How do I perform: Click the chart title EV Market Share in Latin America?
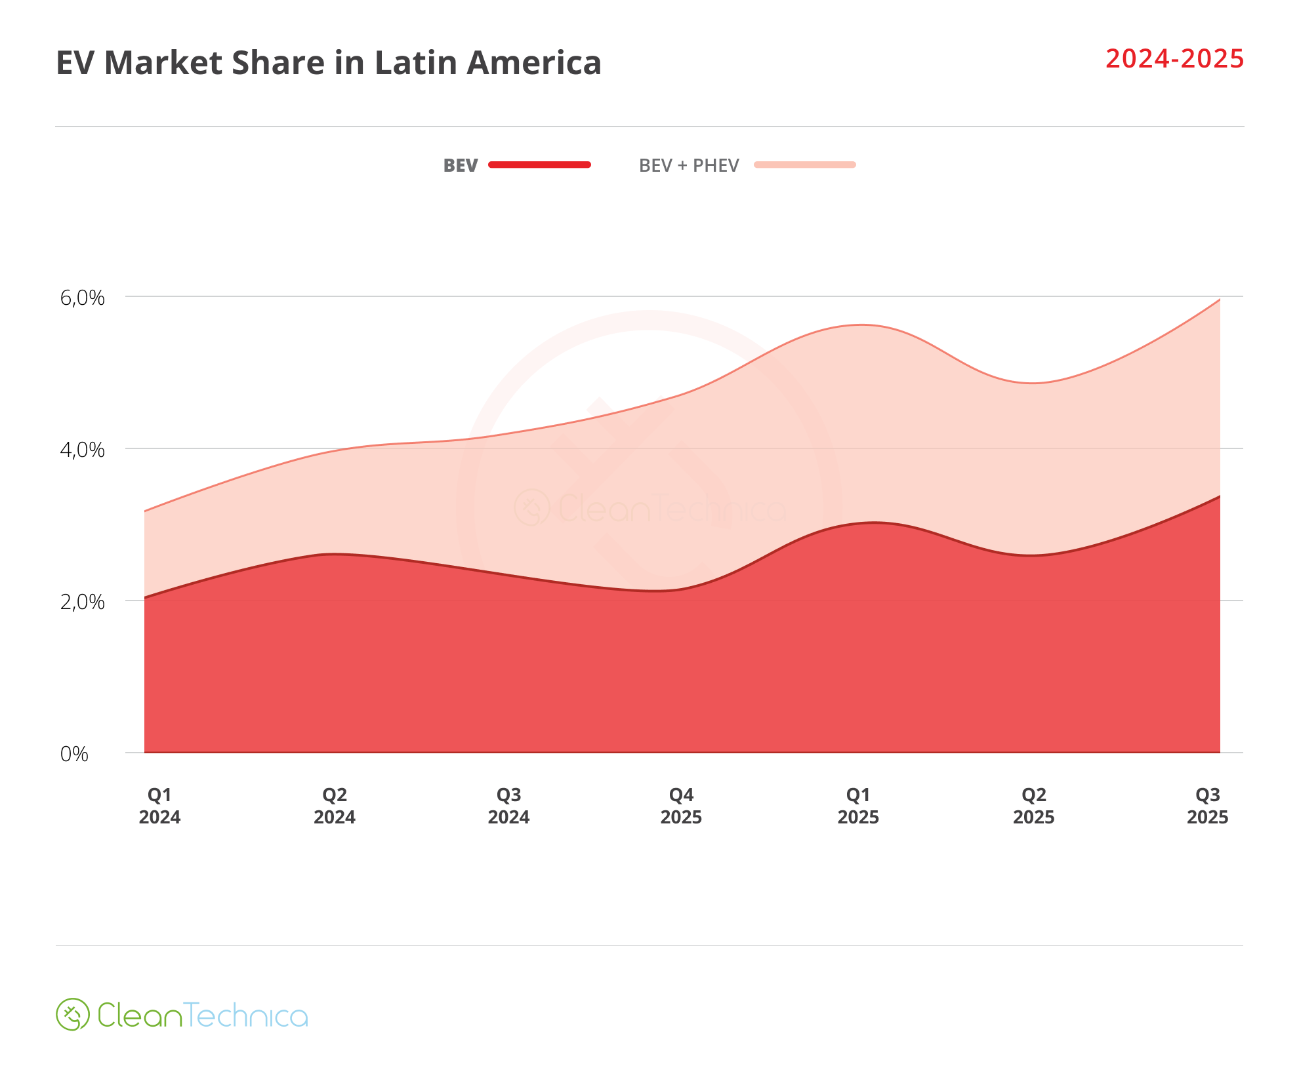[x=328, y=63]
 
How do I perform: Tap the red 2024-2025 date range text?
[x=1174, y=59]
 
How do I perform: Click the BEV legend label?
[x=460, y=165]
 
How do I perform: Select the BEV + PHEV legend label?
[x=688, y=165]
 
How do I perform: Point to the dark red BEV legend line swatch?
[x=539, y=165]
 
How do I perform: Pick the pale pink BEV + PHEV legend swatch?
[x=804, y=165]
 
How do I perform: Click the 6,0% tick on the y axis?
[x=82, y=298]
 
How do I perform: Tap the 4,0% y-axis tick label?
[x=82, y=450]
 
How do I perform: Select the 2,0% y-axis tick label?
[x=82, y=602]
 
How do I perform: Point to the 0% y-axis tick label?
[x=74, y=754]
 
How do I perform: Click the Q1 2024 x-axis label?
[x=159, y=806]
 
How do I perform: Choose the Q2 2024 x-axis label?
[x=334, y=806]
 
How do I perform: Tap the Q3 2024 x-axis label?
[x=508, y=806]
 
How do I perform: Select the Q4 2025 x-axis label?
[x=681, y=806]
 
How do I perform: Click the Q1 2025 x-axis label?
[x=857, y=806]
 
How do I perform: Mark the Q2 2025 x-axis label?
[x=1033, y=806]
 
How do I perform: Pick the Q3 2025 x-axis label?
[x=1207, y=806]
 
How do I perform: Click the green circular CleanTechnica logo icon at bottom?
[x=72, y=1014]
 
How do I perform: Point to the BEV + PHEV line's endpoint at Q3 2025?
[x=1219, y=300]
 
